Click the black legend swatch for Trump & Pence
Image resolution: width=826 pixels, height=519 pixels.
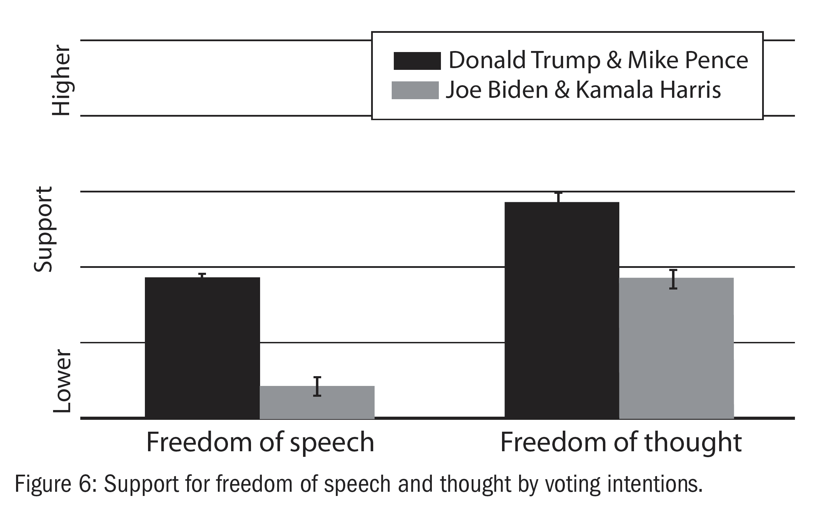coord(417,61)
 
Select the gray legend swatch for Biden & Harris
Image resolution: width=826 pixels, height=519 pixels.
coord(415,90)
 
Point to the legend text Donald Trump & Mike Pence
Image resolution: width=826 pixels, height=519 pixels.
coord(598,60)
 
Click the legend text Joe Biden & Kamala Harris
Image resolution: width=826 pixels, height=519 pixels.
coord(583,90)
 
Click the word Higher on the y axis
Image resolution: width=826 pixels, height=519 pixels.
coord(61,81)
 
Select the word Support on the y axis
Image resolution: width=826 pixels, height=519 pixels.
coord(43,229)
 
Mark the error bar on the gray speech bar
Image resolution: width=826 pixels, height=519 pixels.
coord(317,386)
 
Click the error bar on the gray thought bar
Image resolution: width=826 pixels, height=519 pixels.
coord(673,279)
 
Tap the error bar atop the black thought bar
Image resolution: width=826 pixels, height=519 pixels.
coord(559,197)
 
